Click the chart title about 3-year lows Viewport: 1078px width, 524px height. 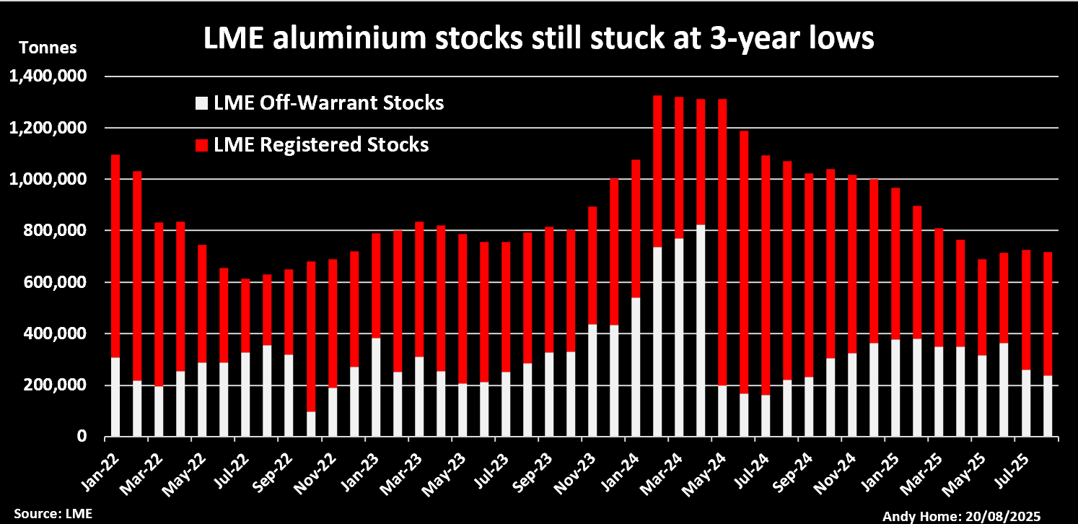(x=538, y=39)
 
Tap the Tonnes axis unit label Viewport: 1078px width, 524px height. (x=47, y=48)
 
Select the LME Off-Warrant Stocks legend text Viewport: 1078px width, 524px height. (x=328, y=103)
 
